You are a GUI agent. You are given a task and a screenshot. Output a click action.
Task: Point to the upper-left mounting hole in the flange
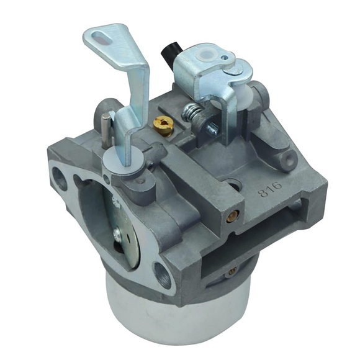pos(60,179)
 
